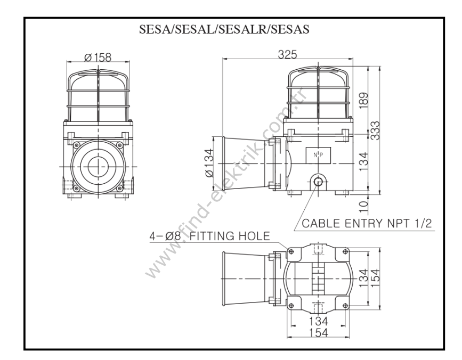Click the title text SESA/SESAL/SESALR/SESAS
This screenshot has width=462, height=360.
click(x=228, y=30)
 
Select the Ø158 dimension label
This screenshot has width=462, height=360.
click(x=98, y=56)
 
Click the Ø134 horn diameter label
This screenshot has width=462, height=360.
click(x=209, y=164)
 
